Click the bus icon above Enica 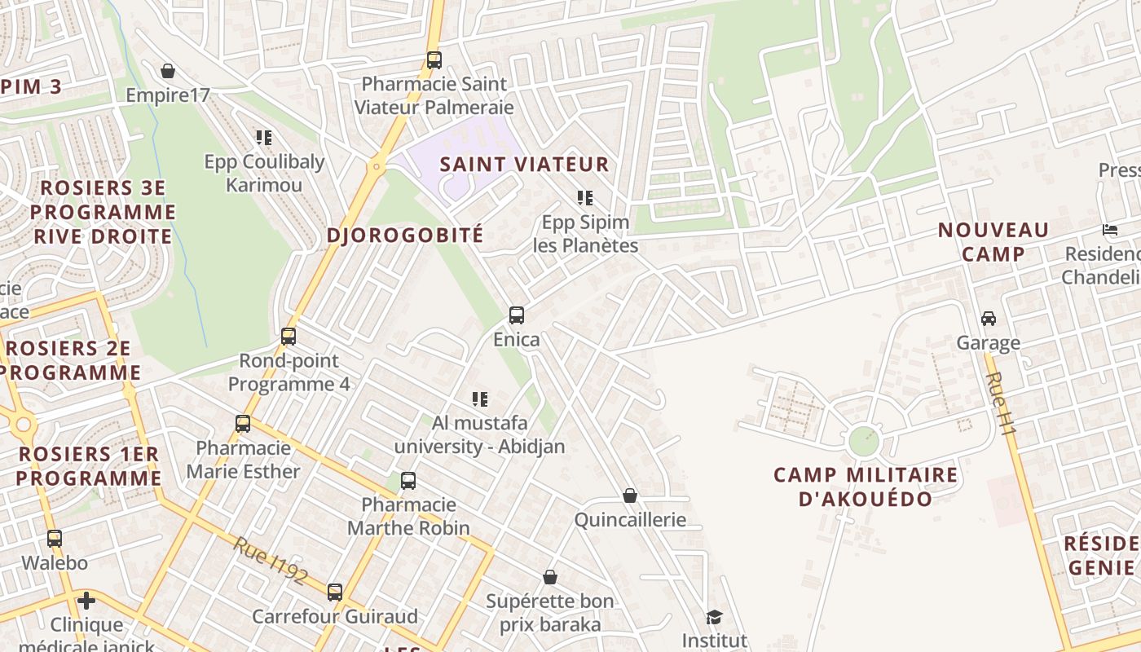click(x=516, y=315)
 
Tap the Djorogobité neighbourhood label click(x=405, y=236)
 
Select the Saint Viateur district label click(x=524, y=164)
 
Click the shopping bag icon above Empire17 click(x=168, y=71)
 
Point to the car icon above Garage click(x=989, y=318)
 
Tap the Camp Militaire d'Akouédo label click(x=866, y=487)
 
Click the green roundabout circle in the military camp click(x=864, y=441)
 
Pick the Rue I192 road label click(x=270, y=561)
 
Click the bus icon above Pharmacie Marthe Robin click(x=408, y=481)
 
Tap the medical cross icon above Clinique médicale click(x=86, y=601)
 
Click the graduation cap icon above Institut click(x=714, y=617)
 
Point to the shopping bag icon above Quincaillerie click(x=630, y=496)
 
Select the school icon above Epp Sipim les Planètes click(x=584, y=197)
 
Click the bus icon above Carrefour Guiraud click(x=335, y=592)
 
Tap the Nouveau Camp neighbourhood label click(x=993, y=242)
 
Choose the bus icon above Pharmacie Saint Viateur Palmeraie click(x=434, y=59)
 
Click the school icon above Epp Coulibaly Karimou click(x=263, y=137)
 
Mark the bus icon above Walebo click(x=55, y=538)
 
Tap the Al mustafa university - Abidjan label click(x=479, y=434)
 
